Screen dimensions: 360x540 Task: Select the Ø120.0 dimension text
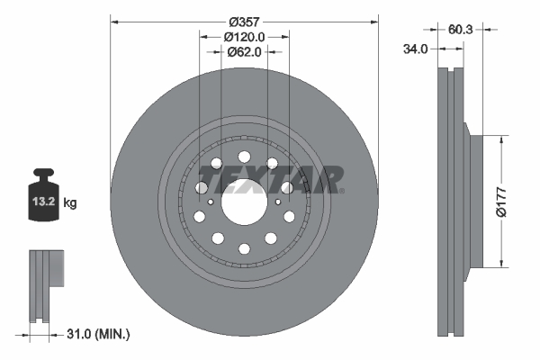[244, 37]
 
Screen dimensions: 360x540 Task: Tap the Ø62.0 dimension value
[244, 52]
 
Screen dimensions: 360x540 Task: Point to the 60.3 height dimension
[460, 30]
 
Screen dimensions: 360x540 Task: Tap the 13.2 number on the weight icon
[44, 203]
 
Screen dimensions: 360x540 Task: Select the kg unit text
[70, 203]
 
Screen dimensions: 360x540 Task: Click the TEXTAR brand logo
[278, 179]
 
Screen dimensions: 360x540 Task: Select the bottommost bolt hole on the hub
[244, 248]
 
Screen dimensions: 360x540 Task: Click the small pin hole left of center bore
[210, 202]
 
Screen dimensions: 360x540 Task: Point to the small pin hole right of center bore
[278, 202]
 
